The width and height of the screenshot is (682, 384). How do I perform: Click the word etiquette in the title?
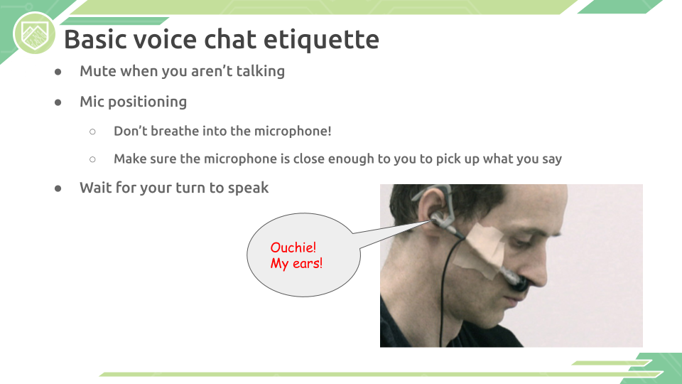point(321,40)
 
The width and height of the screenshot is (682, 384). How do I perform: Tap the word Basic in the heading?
point(96,39)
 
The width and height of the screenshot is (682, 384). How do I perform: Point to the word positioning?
point(148,102)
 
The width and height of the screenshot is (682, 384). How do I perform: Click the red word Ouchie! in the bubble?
point(293,247)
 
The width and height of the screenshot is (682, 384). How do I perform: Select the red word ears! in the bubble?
point(308,263)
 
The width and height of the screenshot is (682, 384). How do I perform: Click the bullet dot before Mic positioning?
point(58,102)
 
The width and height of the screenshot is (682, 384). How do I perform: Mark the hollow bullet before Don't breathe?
point(92,132)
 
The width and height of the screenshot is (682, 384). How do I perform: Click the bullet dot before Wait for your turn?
point(58,188)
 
